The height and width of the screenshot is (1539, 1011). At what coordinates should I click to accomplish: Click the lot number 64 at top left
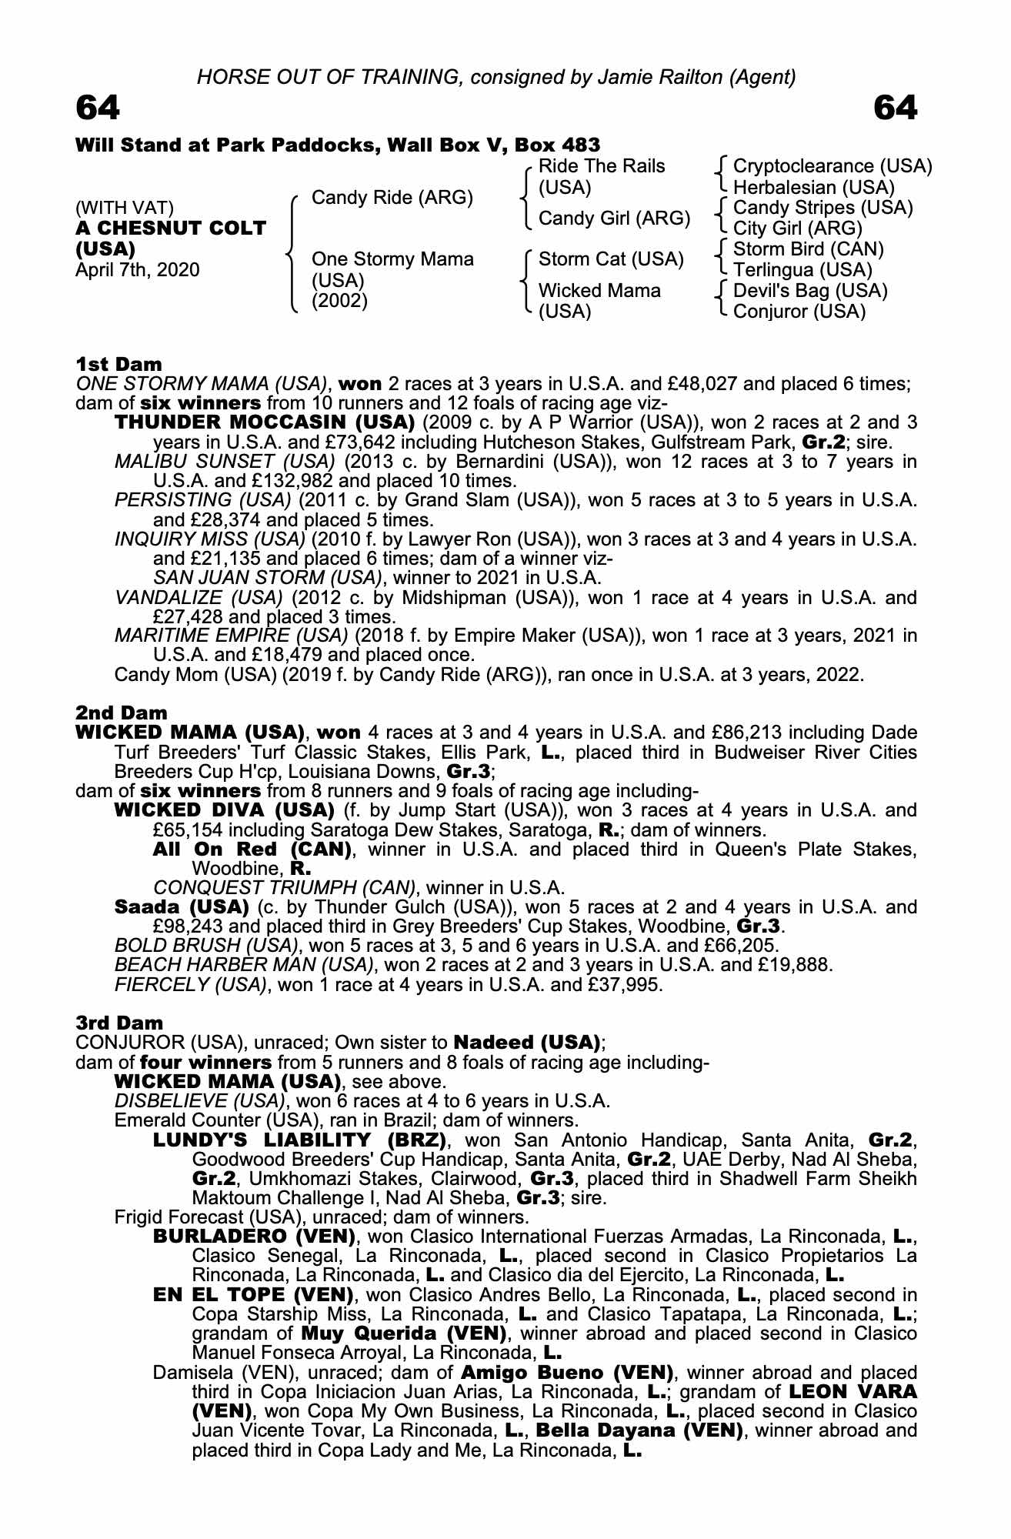pos(98,108)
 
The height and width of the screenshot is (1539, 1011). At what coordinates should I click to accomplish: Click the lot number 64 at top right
pos(896,108)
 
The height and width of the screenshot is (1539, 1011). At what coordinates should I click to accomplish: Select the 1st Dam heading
pos(118,364)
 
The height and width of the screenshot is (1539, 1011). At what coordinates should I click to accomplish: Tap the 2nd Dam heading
pos(121,713)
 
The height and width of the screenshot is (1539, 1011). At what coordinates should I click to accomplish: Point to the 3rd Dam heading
pos(119,1023)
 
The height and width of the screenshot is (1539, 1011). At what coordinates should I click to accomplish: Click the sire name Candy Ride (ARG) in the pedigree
pos(392,198)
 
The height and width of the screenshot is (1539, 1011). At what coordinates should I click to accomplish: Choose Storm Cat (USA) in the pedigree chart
pos(611,259)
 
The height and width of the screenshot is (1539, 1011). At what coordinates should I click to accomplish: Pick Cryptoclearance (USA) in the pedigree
pos(832,166)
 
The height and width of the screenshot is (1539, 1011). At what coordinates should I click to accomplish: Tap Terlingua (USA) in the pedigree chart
pos(802,270)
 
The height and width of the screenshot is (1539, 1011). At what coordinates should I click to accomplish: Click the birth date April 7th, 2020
pos(138,270)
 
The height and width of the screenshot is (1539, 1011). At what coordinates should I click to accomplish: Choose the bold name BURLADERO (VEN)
pos(254,1237)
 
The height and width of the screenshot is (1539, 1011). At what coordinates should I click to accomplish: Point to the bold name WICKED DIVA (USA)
pos(224,810)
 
